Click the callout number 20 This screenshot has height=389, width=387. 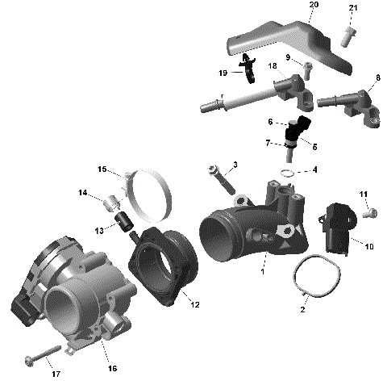point(314,6)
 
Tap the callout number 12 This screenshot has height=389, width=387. point(194,304)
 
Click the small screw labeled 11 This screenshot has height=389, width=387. point(370,213)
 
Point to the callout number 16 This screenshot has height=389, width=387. point(113,368)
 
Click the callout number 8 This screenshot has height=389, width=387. point(378,77)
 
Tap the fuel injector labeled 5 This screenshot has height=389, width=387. point(299,134)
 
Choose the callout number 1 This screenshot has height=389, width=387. point(262,272)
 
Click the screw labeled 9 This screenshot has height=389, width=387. point(308,65)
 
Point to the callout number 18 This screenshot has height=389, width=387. point(273,65)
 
